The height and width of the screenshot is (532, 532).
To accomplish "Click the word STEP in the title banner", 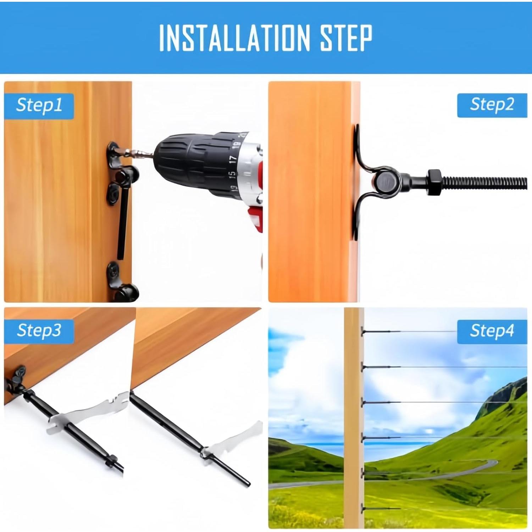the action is pyautogui.click(x=347, y=38).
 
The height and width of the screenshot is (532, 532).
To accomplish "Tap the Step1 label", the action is pyautogui.click(x=39, y=106).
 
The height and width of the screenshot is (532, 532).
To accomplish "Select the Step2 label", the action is pyautogui.click(x=492, y=105).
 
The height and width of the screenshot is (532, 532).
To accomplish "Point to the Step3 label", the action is pyautogui.click(x=39, y=331).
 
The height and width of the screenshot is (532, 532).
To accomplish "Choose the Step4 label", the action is pyautogui.click(x=492, y=331).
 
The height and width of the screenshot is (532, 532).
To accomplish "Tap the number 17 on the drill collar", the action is pyautogui.click(x=233, y=159).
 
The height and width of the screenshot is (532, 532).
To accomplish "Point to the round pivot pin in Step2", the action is pyautogui.click(x=383, y=182).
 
